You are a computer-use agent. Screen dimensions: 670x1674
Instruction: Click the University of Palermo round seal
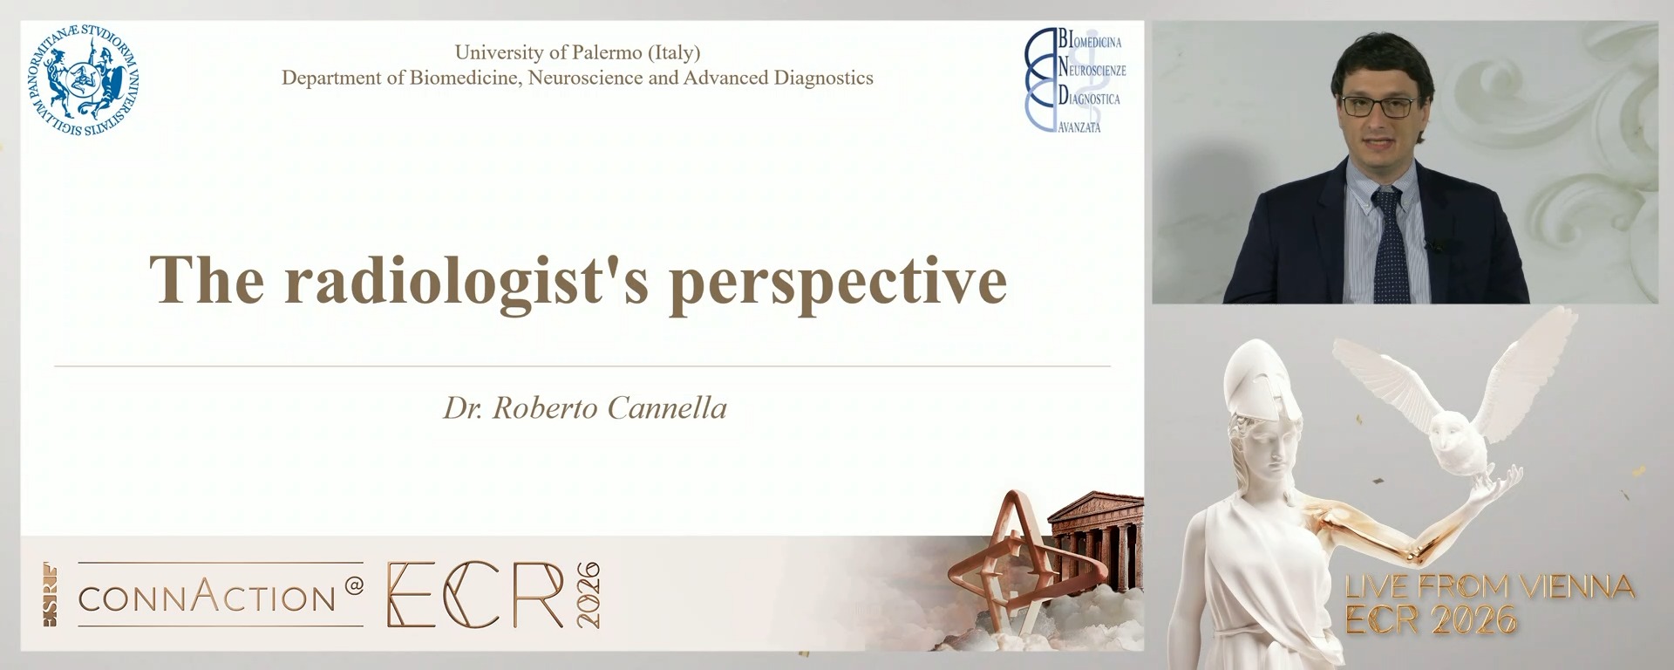[x=85, y=81]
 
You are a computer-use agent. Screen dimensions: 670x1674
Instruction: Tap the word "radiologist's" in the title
[x=466, y=281]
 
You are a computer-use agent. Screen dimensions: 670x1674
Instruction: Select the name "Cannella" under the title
[x=667, y=408]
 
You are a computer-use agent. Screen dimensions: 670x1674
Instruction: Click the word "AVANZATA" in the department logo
[x=1079, y=127]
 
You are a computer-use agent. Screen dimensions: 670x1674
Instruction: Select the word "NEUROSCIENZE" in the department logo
[x=1092, y=70]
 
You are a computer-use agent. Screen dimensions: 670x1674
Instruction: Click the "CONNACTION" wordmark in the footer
[x=208, y=598]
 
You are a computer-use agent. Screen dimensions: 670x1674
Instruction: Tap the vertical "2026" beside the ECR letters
[x=588, y=595]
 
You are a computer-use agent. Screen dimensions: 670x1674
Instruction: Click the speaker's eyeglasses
[x=1378, y=107]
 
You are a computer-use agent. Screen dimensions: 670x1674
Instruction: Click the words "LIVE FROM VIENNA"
[x=1489, y=587]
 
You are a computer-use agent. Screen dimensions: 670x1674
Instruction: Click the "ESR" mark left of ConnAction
[x=51, y=595]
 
